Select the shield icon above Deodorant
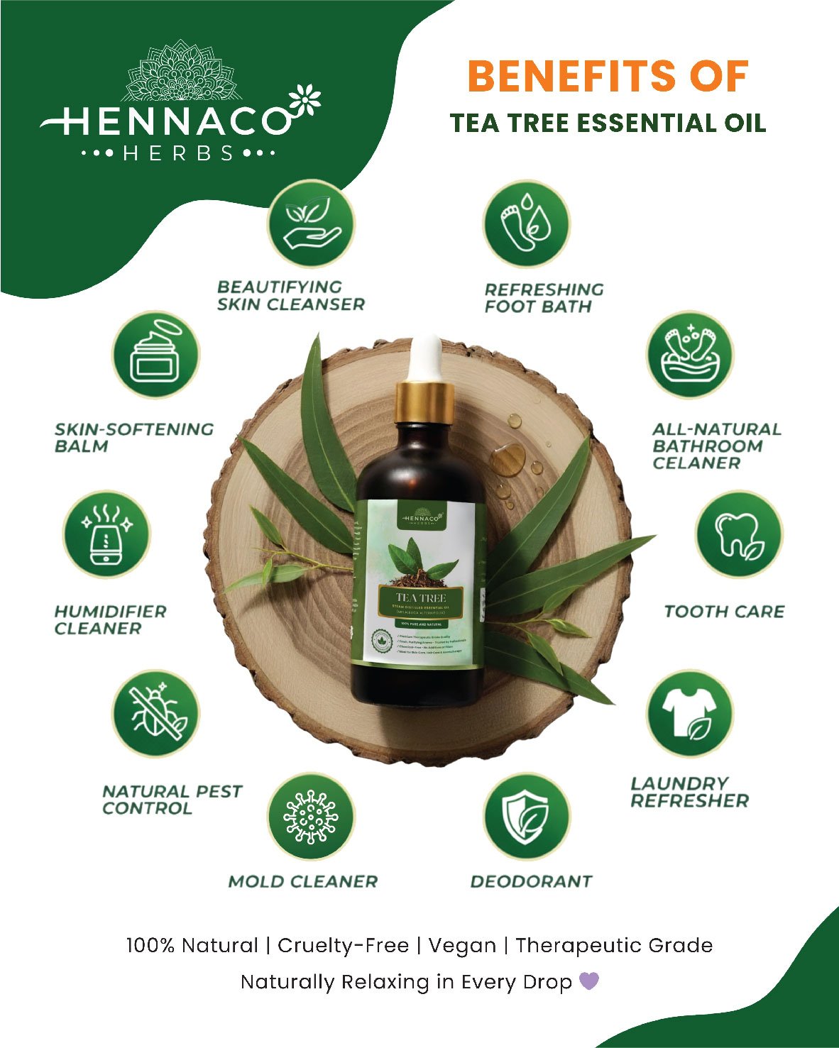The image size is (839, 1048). [527, 817]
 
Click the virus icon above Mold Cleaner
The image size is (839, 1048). [311, 817]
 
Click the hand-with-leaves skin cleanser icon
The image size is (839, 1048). [311, 223]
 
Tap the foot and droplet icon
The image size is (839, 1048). [526, 223]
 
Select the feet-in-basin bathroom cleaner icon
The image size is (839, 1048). [689, 354]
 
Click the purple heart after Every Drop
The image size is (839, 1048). [589, 981]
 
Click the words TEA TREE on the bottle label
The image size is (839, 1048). [421, 598]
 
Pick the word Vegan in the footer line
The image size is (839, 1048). [462, 945]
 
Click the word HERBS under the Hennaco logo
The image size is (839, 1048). [179, 153]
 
